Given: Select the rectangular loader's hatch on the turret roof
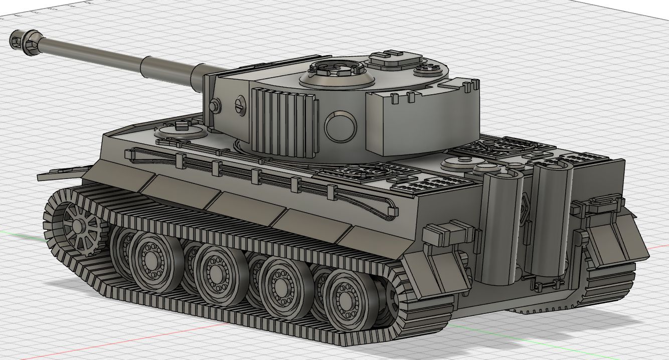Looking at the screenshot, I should pyautogui.click(x=394, y=59).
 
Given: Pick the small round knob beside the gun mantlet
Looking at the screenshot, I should pyautogui.click(x=215, y=106).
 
